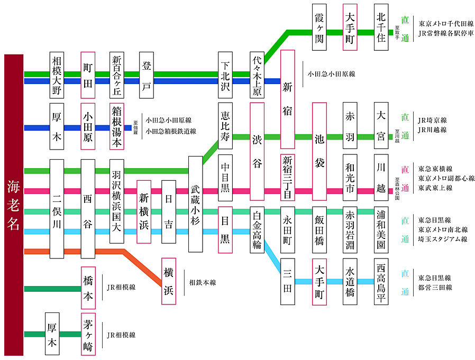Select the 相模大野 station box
tap(57, 75)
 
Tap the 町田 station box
tap(88, 75)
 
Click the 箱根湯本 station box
tap(117, 127)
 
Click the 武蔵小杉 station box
tap(195, 204)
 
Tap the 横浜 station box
tap(169, 281)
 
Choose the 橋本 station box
tap(88, 288)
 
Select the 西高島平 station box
tap(381, 281)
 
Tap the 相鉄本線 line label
tap(203, 283)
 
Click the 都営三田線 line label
tap(435, 288)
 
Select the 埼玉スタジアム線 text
tap(442, 239)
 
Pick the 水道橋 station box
tap(350, 281)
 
